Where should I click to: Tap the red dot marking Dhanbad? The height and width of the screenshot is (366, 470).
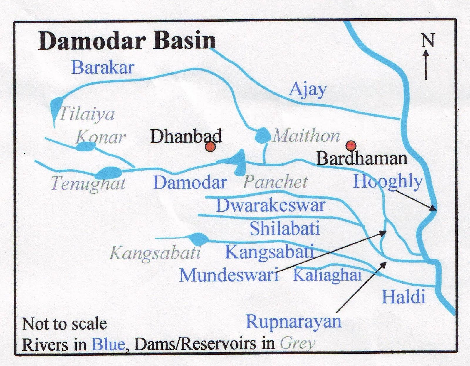click(x=210, y=147)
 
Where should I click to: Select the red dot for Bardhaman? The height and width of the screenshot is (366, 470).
click(x=351, y=145)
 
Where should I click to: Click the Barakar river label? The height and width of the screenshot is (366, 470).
click(x=103, y=67)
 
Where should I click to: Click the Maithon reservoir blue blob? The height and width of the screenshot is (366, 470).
click(x=262, y=135)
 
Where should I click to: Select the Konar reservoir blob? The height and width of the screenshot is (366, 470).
click(x=85, y=146)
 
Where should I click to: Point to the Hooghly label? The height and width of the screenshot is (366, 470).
click(x=387, y=181)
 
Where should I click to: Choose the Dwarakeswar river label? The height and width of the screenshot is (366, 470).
click(x=271, y=205)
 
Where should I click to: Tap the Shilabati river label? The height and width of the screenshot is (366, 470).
click(x=284, y=229)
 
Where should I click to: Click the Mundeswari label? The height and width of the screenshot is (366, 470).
click(x=229, y=275)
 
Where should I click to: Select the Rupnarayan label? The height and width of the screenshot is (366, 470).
click(x=293, y=321)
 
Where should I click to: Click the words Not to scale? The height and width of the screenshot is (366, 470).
click(x=65, y=324)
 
